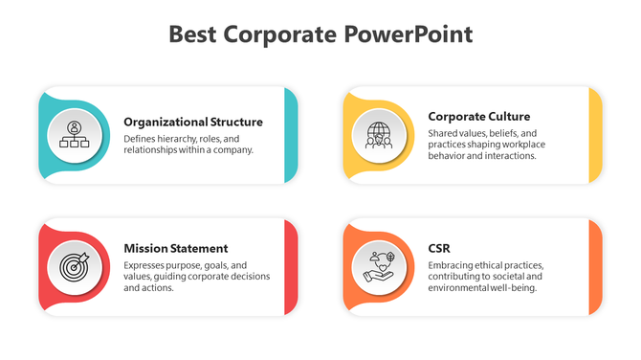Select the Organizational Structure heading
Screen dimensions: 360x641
[193, 122]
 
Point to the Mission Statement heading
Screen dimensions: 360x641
[176, 248]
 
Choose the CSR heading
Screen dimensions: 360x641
[440, 248]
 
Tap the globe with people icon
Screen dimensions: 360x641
[379, 134]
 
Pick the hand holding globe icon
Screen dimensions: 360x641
[379, 266]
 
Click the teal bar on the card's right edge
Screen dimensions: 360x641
[290, 135]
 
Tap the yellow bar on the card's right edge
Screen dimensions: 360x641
[595, 135]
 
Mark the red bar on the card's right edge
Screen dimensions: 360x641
[290, 267]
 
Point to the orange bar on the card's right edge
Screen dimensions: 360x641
[595, 267]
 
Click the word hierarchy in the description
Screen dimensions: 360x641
[187, 138]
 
